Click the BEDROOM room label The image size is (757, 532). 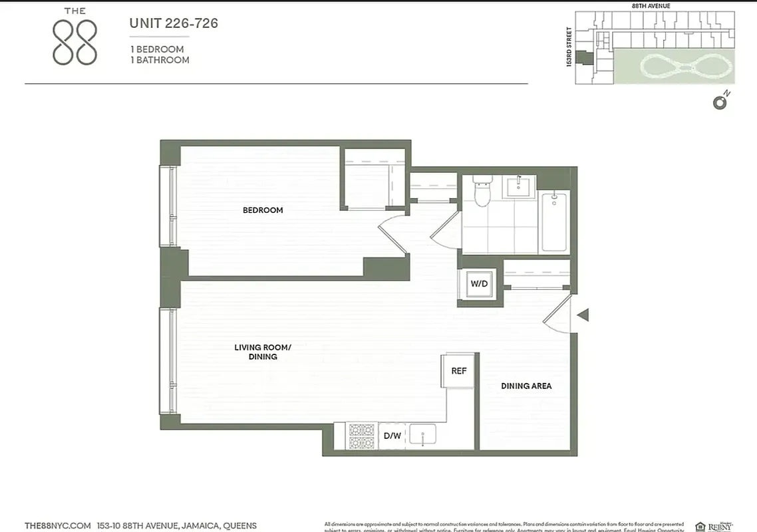[x=263, y=210]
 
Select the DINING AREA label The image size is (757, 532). [x=526, y=386]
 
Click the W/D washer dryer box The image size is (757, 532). [x=480, y=284]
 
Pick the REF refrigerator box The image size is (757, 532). [x=459, y=371]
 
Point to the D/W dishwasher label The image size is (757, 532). [x=392, y=436]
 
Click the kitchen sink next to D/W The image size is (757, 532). [x=422, y=436]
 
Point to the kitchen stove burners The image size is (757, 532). [x=363, y=436]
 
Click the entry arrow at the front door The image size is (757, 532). [x=583, y=315]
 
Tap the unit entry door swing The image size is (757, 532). [x=559, y=315]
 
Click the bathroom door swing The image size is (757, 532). [x=445, y=230]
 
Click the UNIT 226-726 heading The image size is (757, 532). [x=174, y=24]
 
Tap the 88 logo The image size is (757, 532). [x=75, y=42]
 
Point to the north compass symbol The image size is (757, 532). [x=720, y=102]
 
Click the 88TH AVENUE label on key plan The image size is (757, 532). [x=651, y=6]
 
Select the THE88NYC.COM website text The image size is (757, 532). [x=57, y=526]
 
